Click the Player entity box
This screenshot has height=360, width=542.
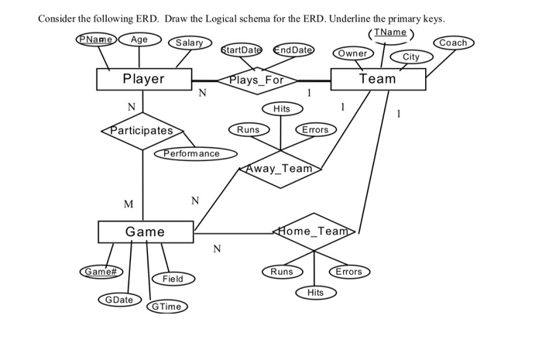144,79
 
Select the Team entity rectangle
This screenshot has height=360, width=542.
378,79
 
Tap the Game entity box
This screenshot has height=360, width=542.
146,231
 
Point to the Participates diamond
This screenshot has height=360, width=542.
142,131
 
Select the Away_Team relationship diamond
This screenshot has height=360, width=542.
281,168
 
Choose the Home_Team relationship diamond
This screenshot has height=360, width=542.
314,231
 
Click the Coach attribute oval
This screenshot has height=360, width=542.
453,43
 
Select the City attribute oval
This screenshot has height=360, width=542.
411,57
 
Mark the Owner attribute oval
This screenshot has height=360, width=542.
353,53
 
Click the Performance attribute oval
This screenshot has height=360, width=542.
191,153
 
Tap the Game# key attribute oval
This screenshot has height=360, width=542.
100,272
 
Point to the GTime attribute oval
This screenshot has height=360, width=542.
166,306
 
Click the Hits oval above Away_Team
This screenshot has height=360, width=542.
282,109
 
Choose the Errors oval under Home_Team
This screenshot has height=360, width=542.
348,272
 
